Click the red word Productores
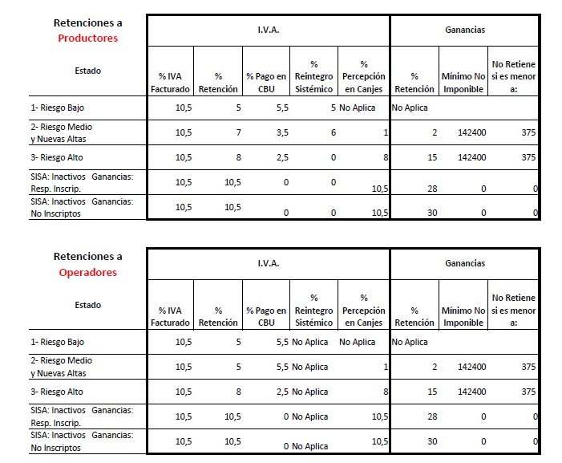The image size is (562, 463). pos(88,38)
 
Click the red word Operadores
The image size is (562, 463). pos(88,272)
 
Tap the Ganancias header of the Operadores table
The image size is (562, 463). pos(464,262)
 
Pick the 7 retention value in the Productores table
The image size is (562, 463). pos(237,132)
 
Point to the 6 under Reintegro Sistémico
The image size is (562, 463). pos(331,132)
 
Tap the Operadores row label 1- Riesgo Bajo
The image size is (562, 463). pos(59,342)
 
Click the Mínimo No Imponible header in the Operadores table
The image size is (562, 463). pos(463,316)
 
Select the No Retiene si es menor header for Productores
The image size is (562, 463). pos(513,76)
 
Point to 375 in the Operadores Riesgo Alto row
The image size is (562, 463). pos(528,392)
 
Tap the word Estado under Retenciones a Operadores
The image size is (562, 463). pos(88,305)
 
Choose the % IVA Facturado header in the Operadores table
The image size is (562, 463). pos(171,316)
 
